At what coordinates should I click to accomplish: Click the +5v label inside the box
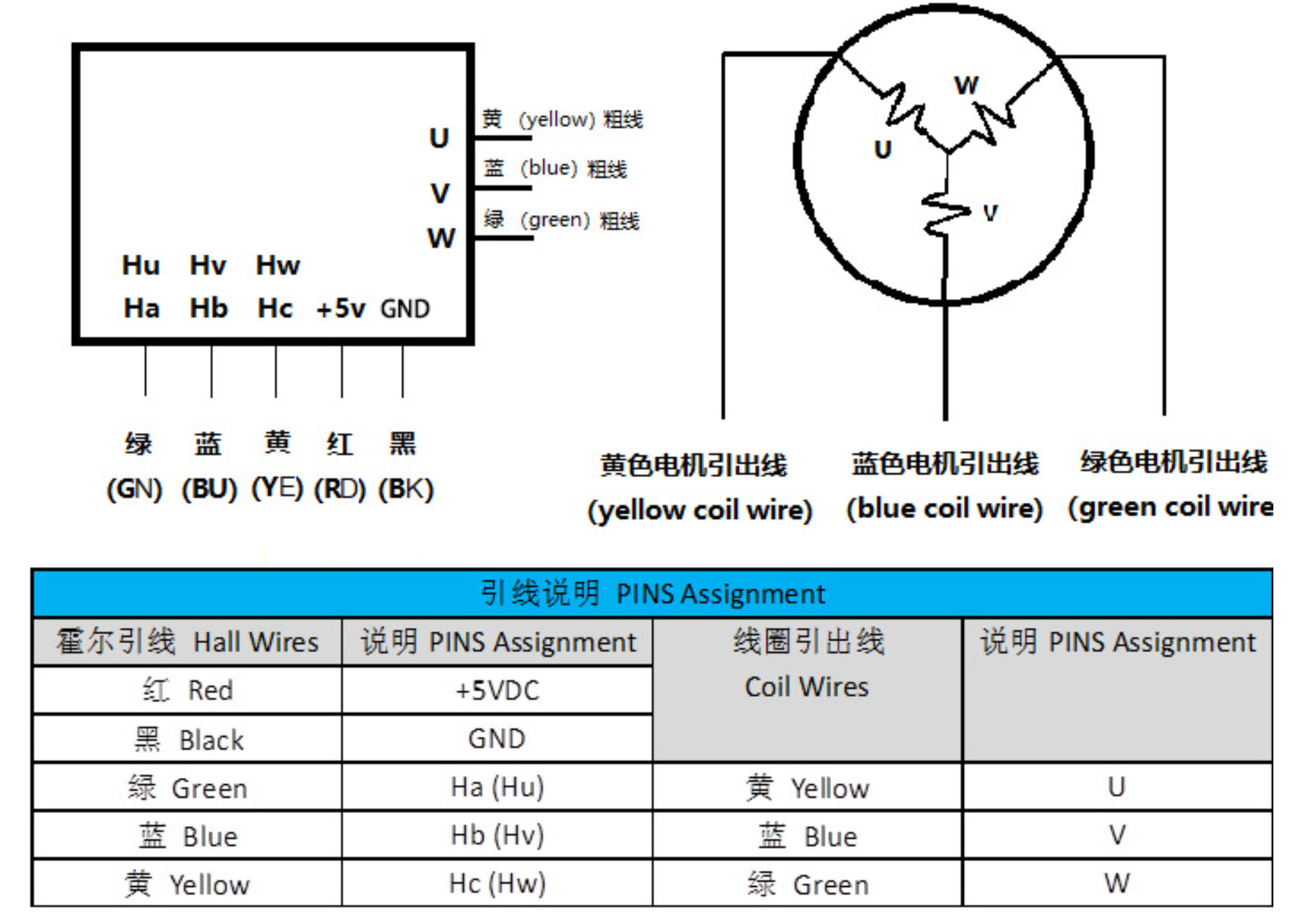point(340,308)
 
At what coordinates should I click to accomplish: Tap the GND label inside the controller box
point(404,308)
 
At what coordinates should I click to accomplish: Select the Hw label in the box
point(277,265)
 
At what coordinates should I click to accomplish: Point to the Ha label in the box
point(141,308)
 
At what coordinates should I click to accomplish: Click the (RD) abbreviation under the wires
point(339,489)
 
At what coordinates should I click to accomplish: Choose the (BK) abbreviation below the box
point(406,489)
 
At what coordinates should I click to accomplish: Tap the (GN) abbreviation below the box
point(134,489)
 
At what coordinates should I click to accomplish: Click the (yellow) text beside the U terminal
point(556,119)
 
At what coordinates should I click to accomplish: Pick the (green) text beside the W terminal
point(555,220)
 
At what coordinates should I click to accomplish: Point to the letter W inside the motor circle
point(967,85)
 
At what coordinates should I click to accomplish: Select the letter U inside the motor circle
point(883,149)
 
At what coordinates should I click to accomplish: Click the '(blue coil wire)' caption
point(944,508)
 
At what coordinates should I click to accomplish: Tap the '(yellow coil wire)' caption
point(700,510)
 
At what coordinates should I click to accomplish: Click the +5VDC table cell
point(497,690)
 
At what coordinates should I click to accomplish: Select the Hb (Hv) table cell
point(497,835)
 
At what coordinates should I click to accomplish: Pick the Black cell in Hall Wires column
point(188,739)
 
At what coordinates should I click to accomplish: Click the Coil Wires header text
point(807,687)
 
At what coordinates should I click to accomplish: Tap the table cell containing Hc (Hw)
point(497,883)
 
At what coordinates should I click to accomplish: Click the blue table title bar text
point(652,594)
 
